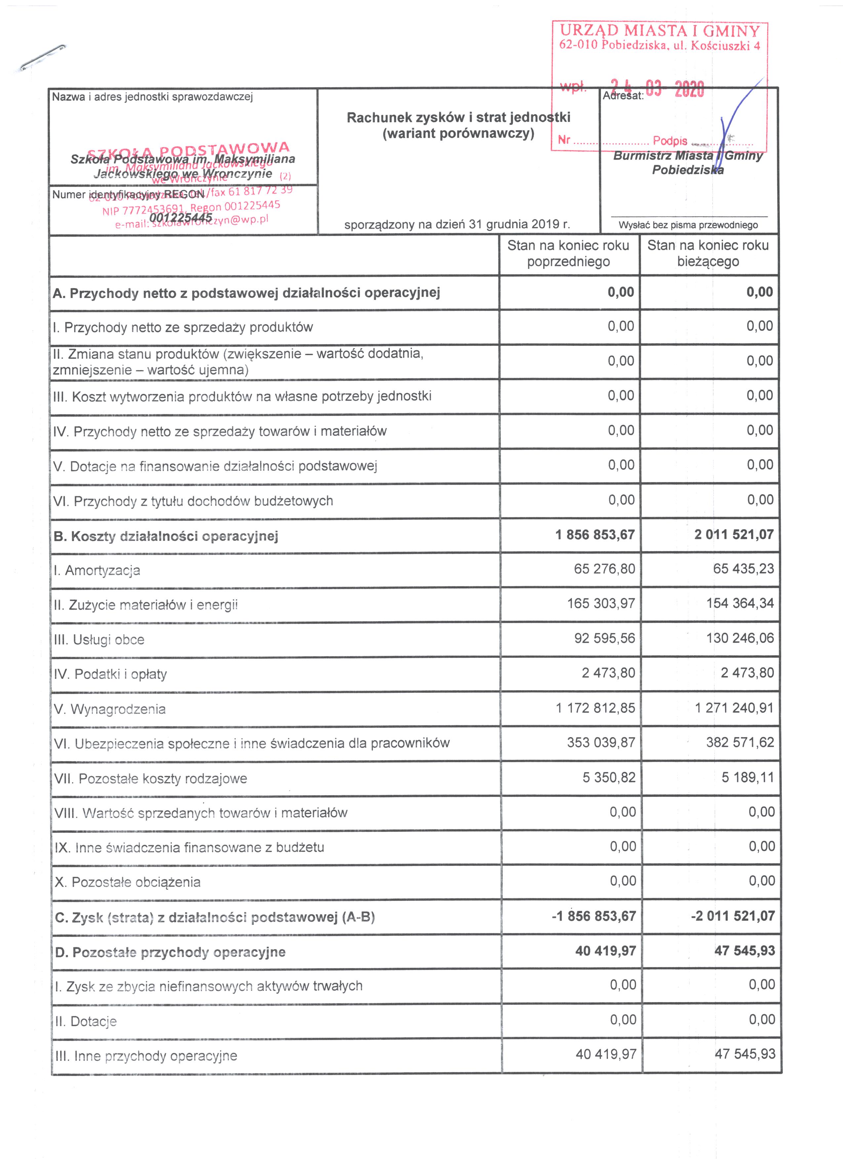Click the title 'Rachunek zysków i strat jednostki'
click(458, 118)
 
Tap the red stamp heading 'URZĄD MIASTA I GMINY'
click(660, 31)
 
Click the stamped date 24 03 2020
click(658, 89)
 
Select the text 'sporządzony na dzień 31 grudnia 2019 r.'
click(457, 224)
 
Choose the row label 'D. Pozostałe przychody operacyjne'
click(170, 952)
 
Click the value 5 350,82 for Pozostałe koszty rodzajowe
click(609, 777)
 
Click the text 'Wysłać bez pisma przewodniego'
click(688, 225)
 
